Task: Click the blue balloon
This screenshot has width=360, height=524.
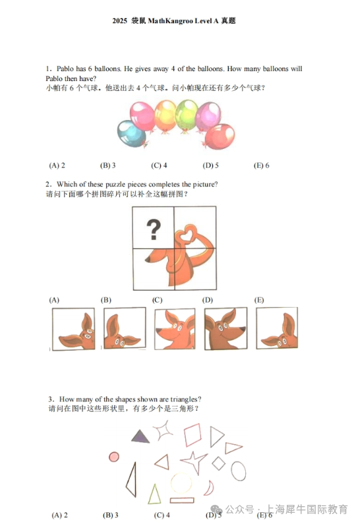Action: pos(132,134)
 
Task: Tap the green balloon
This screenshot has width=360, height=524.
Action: pos(187,115)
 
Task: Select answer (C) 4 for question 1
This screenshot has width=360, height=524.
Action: pos(159,165)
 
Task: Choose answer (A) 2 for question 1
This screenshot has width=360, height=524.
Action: pos(57,165)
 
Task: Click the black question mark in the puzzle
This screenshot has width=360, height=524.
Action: pos(154,229)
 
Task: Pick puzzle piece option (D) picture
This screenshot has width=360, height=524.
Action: pos(225,328)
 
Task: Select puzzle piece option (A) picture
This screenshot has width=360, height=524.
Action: pos(74,329)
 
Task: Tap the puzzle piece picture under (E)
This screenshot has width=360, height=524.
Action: pos(277,328)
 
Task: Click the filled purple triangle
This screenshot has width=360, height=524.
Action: pos(140,438)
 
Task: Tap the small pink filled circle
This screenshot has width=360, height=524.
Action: pos(114,457)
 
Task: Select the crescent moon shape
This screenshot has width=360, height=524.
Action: pos(210,488)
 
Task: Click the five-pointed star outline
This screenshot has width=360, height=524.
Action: pos(194,461)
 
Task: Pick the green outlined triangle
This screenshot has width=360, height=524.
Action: pos(154,494)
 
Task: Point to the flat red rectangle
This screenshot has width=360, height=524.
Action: pos(182,500)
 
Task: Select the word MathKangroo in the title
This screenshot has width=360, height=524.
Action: pos(171,20)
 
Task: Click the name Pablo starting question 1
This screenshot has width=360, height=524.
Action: pos(65,69)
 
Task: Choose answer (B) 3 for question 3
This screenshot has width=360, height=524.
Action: pos(111,515)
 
